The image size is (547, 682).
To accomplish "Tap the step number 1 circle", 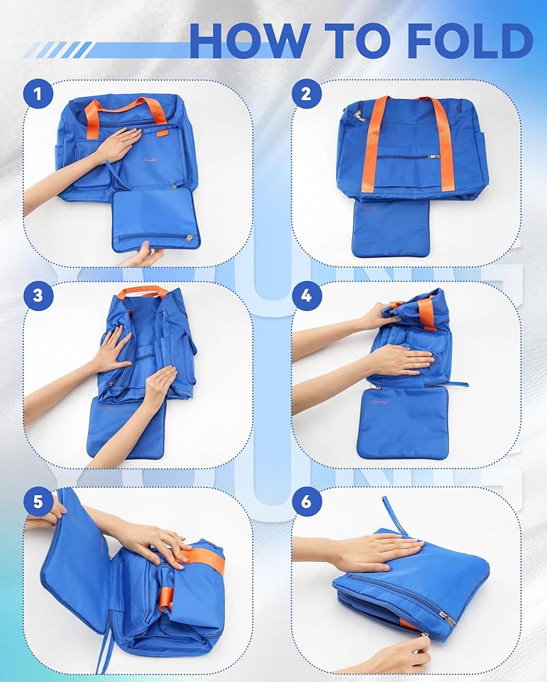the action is [x=38, y=93].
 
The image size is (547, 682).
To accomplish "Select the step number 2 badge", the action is [x=307, y=93].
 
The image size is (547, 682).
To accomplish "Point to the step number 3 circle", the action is [x=38, y=296].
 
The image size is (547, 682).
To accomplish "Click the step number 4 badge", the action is [x=307, y=296].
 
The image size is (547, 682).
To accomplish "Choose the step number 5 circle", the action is [x=38, y=501].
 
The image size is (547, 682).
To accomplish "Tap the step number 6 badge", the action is [x=307, y=501].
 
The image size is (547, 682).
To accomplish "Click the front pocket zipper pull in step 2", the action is [x=434, y=155].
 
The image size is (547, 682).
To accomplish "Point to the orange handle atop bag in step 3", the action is [x=143, y=291].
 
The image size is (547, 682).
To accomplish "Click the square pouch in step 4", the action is [x=402, y=422].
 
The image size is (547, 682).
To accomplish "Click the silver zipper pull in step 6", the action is [x=447, y=618].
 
